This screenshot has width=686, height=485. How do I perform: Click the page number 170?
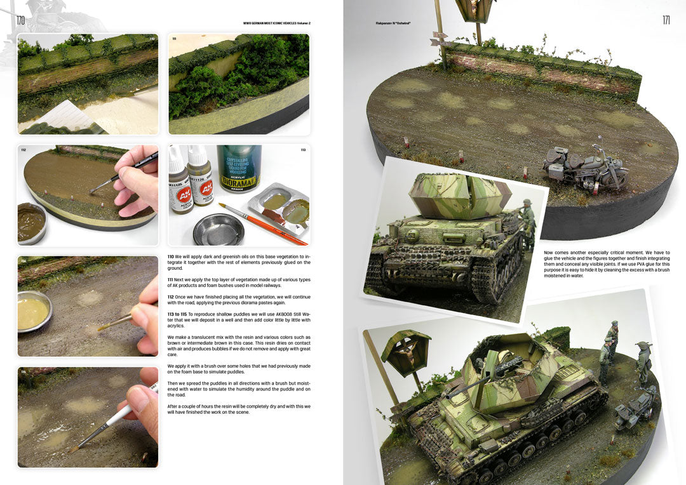tap(20, 21)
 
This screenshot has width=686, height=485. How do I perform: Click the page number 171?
tap(666, 20)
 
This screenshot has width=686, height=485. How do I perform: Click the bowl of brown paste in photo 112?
tap(30, 223)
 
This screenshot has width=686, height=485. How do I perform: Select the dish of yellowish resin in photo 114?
tap(33, 311)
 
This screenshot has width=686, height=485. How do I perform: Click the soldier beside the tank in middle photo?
tap(528, 222)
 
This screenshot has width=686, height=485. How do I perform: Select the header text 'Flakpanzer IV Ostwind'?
tap(393, 23)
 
